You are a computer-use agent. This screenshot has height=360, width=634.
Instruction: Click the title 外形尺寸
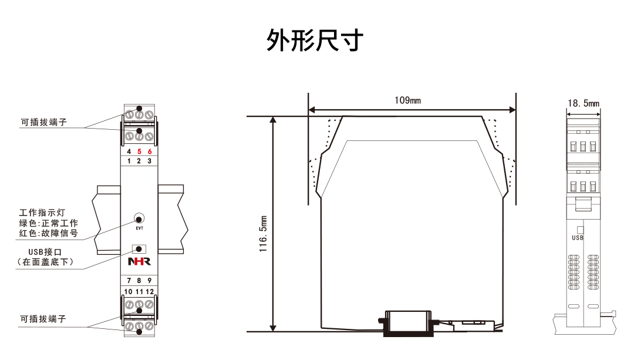(315, 41)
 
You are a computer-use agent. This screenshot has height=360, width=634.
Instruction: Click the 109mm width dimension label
(407, 100)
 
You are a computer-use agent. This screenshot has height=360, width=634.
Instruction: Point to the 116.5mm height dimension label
(264, 233)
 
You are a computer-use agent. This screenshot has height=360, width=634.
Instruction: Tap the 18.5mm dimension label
(584, 103)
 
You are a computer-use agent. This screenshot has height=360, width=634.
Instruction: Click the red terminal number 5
(139, 151)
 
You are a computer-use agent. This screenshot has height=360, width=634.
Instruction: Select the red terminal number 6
(150, 151)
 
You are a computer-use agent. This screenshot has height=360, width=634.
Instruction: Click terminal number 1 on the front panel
(129, 160)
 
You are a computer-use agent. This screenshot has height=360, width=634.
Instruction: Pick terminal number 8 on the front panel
(139, 281)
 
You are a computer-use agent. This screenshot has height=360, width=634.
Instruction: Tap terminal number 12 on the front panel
(150, 291)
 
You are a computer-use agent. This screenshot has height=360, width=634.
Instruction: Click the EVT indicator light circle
(139, 217)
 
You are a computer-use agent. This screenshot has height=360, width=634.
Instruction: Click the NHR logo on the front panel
(139, 261)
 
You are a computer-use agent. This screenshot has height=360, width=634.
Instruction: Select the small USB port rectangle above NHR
(139, 248)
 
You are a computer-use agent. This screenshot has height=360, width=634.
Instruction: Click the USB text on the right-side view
(578, 238)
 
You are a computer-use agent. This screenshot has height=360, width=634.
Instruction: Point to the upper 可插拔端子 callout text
(43, 123)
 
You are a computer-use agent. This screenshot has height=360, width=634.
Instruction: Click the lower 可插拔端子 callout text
(43, 319)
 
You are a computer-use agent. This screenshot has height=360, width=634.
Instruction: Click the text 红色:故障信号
(48, 234)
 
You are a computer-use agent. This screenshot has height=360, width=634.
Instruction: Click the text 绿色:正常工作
(48, 223)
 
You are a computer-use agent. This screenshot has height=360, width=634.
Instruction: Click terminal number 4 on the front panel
(129, 151)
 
